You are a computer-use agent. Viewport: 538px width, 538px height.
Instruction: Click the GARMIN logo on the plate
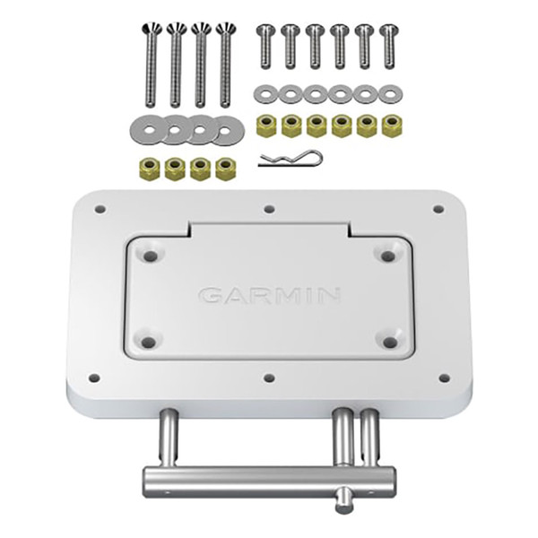[269, 294]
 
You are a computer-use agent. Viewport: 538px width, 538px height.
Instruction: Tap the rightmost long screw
[224, 65]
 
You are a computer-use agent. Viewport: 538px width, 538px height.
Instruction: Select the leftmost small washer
[265, 94]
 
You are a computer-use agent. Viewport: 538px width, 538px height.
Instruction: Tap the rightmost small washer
[389, 94]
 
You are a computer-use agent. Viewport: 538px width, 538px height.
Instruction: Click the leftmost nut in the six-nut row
[266, 126]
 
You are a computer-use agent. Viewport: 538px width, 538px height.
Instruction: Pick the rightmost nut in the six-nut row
[391, 126]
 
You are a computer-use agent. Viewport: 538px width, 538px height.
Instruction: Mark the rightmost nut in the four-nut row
[225, 169]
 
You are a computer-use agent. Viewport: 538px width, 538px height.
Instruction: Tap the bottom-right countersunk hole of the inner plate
[387, 340]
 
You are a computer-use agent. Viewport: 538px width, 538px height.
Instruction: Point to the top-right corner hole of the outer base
[438, 209]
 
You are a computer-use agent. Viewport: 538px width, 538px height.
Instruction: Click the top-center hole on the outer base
[270, 211]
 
